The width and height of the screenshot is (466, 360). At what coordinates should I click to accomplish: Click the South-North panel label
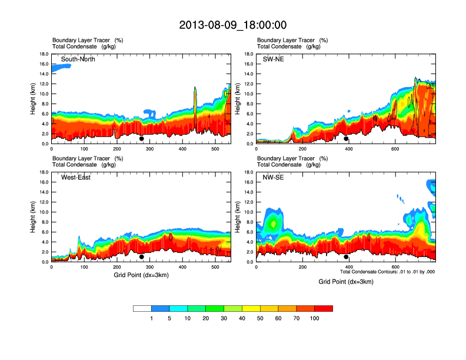coord(78,59)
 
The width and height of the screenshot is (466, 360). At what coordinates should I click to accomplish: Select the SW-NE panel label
coord(274,59)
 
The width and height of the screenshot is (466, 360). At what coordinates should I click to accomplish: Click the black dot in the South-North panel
coord(142,139)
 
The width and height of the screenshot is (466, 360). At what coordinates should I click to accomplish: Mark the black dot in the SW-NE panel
coord(346,139)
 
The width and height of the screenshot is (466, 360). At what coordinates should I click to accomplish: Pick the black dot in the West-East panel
coord(142,256)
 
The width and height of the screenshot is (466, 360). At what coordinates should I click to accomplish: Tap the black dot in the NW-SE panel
coord(346,256)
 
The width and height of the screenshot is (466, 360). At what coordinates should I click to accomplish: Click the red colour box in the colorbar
coord(324,308)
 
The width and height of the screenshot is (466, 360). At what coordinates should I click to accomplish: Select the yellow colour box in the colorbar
coord(251,308)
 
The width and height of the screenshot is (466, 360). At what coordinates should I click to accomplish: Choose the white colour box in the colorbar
coord(142,308)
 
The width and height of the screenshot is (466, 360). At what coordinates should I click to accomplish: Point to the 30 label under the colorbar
coord(224,318)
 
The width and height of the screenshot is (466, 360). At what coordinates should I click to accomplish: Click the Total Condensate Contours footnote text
coord(387,272)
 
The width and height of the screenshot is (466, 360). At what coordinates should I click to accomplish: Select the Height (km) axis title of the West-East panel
coord(34,217)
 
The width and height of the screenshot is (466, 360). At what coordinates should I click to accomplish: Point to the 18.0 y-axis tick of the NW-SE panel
coord(249,172)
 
